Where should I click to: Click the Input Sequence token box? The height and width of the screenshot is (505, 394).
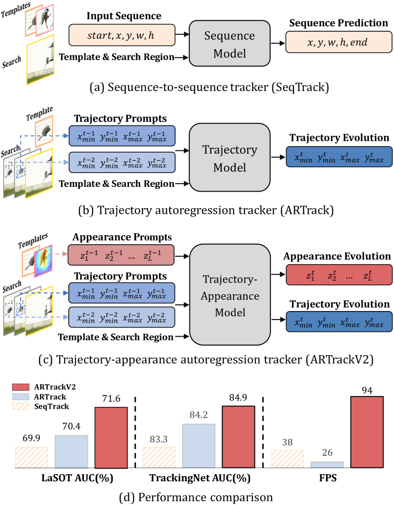[x=122, y=35]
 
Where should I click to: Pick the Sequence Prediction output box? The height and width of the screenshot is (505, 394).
[x=338, y=42]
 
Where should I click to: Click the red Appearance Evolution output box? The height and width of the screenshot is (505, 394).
[x=338, y=274]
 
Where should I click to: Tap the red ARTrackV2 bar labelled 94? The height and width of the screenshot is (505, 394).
[x=367, y=432]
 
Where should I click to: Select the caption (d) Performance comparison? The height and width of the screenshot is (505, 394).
[x=197, y=497]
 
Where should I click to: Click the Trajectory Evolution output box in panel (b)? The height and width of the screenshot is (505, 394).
[x=338, y=156]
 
